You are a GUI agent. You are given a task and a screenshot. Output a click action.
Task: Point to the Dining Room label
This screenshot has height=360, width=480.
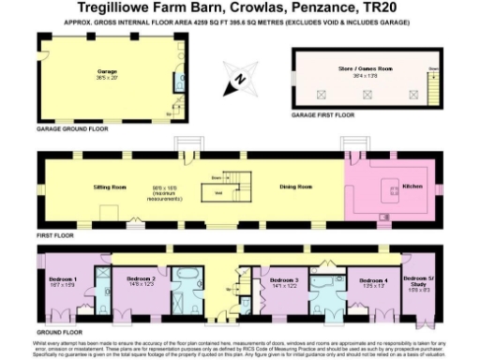298,187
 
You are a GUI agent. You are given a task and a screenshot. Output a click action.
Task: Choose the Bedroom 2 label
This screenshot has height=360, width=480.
140,278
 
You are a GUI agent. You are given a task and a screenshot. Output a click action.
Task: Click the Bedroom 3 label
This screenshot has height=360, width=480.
284,279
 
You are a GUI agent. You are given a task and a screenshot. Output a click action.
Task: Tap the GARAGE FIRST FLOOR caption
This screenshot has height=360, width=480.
324,114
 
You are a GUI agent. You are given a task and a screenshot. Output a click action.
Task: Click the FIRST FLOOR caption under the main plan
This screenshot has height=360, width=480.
53,234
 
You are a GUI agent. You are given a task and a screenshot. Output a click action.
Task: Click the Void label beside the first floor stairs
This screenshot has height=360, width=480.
218,193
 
